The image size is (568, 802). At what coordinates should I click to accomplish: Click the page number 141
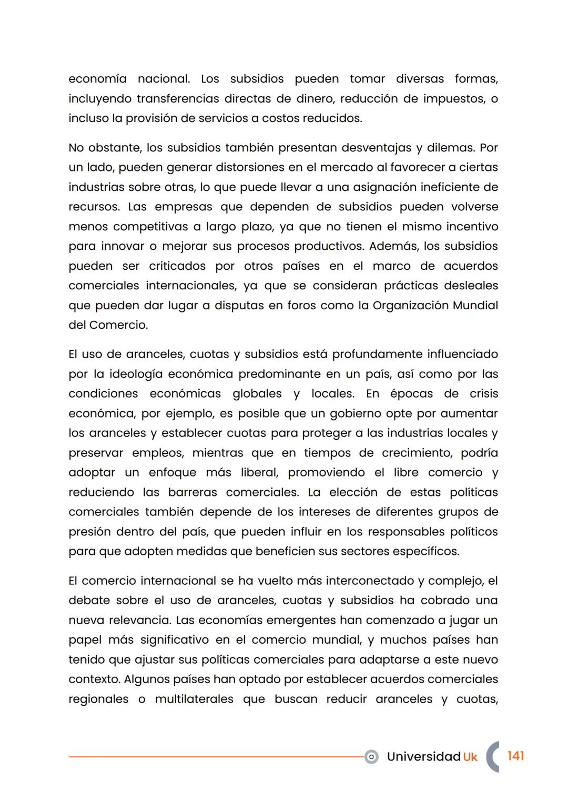515,756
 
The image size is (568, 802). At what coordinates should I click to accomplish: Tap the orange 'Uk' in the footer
470,757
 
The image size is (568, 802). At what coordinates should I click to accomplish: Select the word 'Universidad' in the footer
423,757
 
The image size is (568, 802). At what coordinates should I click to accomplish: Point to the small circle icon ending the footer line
371,757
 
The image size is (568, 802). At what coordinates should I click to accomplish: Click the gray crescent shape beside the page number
491,757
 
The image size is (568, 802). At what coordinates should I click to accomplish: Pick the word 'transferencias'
178,99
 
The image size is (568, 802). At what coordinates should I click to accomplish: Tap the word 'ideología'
136,374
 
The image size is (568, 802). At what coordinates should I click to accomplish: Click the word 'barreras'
192,492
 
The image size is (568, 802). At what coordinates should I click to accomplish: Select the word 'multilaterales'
194,699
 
